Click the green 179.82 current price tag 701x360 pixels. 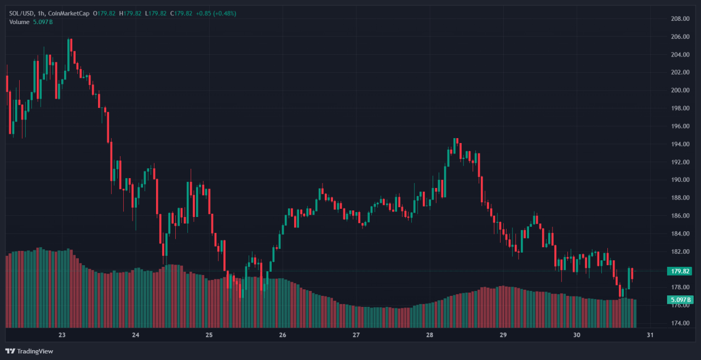tap(680, 271)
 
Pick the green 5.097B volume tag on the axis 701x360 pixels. tap(680, 300)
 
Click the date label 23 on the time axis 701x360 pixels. tap(62, 335)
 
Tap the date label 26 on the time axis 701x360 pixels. tap(283, 335)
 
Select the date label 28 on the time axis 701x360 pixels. tap(429, 335)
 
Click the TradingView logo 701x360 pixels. tap(30, 351)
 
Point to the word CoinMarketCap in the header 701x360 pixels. tap(69, 13)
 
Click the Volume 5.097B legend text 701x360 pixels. tap(31, 22)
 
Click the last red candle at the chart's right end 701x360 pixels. tap(632, 273)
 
